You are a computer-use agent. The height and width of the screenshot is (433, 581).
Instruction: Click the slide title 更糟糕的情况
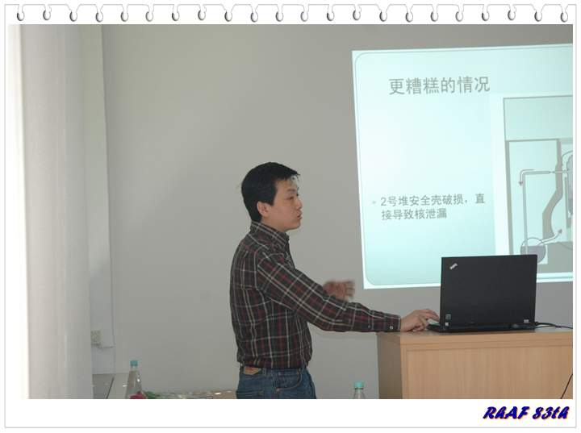point(440,85)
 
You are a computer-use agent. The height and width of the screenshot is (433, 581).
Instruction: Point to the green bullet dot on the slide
point(374,202)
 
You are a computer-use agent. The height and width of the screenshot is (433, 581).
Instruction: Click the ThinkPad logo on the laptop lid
point(454,266)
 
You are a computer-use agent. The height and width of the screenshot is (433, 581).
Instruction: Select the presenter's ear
point(263,210)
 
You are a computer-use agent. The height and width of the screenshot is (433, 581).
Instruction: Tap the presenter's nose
point(299,203)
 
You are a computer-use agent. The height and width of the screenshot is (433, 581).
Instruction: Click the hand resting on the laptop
point(419,319)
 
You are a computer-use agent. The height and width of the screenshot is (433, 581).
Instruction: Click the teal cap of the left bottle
point(134,363)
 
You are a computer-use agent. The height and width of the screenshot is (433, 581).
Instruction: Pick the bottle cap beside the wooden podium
point(358,385)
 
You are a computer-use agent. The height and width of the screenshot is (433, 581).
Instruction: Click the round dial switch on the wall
point(96,337)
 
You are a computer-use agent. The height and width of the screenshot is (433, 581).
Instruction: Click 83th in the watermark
point(550,413)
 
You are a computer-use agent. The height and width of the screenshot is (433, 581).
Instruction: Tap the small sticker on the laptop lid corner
point(448,318)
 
